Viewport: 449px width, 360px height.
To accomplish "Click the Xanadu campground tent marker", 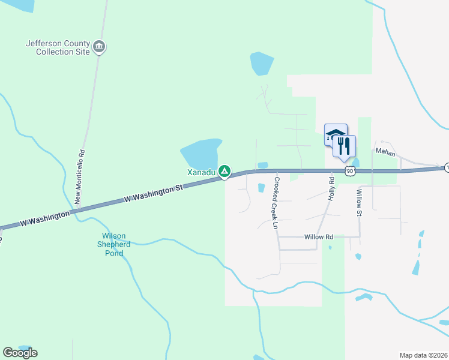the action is [224, 172].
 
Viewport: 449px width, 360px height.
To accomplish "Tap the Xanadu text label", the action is [201, 172].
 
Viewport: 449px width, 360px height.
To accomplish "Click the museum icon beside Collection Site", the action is [100, 47].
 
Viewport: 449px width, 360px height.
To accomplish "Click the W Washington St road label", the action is [152, 192].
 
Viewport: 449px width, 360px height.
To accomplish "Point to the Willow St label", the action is [360, 203].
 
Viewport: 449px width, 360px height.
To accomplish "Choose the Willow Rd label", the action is [318, 237].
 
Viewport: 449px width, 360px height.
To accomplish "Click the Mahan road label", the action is [385, 152].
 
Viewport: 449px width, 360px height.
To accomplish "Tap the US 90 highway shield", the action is [351, 172].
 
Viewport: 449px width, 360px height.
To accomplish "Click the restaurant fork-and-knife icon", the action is [344, 146].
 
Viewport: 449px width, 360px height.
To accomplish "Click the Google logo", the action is [20, 353].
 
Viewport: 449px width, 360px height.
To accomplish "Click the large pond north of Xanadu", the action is [200, 154].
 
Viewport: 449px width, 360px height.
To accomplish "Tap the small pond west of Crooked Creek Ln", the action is [261, 188].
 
